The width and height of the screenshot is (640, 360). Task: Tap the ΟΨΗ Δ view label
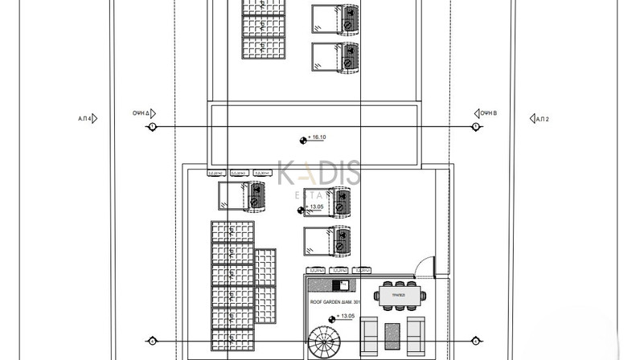tap(142, 113)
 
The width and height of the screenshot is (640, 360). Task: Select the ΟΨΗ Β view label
tap(489, 113)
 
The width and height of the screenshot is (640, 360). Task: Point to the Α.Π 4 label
tap(84, 119)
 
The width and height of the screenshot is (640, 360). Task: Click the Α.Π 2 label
tap(541, 119)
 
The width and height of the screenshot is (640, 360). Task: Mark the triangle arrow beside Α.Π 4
tap(96, 119)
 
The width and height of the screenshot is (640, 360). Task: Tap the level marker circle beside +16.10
tap(303, 139)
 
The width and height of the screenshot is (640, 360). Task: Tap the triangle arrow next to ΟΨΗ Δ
tap(153, 113)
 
